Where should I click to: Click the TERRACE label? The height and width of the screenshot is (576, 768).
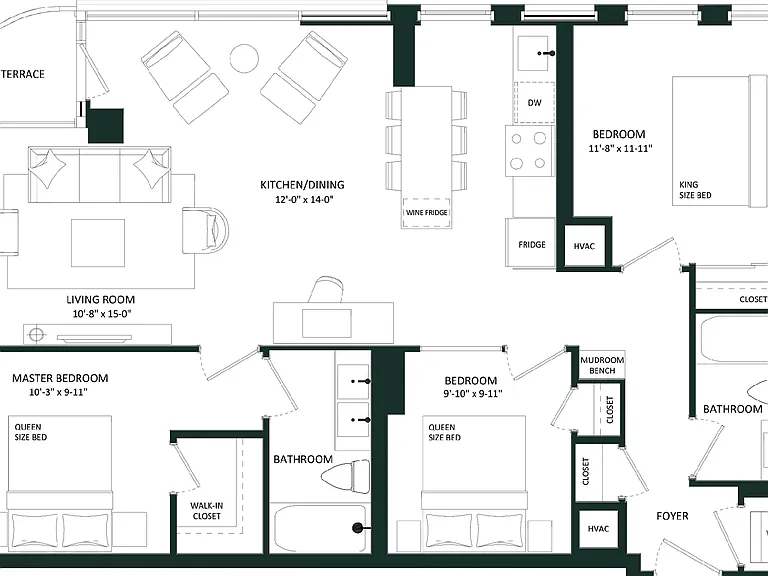tap(23, 74)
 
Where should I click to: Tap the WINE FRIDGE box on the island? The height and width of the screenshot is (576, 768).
tap(426, 213)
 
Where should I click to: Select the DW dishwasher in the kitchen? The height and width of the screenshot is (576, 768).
tap(534, 103)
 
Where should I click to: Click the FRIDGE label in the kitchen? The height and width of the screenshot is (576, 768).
tap(532, 244)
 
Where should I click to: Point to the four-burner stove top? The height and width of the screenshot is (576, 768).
tap(530, 151)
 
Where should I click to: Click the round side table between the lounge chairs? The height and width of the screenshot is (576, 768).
tap(244, 59)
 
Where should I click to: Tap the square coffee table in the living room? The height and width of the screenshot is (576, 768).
tap(98, 243)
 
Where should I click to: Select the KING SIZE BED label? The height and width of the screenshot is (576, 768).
tap(695, 190)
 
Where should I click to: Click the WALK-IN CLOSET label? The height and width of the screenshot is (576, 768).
tap(207, 511)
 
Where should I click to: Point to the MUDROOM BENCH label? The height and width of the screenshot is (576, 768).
tap(602, 365)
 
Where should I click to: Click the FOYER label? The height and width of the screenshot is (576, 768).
tap(672, 516)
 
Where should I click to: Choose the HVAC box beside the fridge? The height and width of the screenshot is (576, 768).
tap(584, 246)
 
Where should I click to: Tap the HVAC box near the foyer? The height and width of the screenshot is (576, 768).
tap(598, 529)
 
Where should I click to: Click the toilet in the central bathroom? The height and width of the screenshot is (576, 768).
tap(346, 476)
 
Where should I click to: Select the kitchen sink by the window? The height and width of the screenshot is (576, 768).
tap(533, 53)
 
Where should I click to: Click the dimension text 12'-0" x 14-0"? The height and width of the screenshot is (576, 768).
tap(304, 199)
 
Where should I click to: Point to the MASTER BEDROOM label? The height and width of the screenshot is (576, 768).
tap(60, 378)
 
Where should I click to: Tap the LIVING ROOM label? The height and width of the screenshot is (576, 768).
tap(100, 300)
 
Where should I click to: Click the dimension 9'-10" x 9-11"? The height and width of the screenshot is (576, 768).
tap(473, 393)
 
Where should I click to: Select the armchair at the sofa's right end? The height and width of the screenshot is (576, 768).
tap(206, 230)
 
